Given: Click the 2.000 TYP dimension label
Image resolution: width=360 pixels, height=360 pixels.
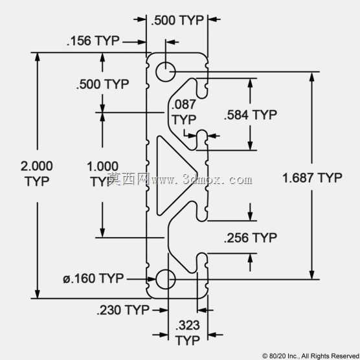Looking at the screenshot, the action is (x=37, y=174).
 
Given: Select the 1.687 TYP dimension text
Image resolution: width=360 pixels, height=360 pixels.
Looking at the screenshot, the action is (x=312, y=177).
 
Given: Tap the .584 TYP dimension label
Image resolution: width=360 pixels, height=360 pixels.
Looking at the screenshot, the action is (x=251, y=115).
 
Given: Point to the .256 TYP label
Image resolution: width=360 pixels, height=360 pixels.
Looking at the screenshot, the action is (x=251, y=238).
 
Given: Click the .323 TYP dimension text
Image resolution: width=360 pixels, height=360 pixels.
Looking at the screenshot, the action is (x=188, y=333).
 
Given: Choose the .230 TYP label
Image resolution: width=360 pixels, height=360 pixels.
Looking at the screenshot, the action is (x=123, y=310).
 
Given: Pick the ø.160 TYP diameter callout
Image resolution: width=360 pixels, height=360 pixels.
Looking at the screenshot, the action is (x=93, y=278).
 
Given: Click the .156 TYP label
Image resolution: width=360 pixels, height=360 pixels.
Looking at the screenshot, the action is (x=93, y=41).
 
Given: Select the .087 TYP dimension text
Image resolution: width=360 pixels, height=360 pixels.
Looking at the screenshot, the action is (x=184, y=112).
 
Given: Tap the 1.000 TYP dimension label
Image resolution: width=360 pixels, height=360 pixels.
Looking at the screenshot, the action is (x=103, y=174).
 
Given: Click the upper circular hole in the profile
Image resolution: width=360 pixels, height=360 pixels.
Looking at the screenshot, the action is (x=166, y=72).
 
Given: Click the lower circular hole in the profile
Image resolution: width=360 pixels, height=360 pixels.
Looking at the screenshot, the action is (x=166, y=279).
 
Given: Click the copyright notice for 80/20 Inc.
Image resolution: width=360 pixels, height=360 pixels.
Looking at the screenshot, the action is (x=311, y=356).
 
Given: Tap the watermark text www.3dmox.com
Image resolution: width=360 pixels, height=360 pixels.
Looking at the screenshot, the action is (x=201, y=179).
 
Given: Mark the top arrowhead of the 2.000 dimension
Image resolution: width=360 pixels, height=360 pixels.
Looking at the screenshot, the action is (x=37, y=57).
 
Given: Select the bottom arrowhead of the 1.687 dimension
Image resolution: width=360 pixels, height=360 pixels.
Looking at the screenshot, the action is (x=312, y=275).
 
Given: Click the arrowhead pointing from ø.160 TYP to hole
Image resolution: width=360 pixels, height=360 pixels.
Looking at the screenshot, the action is (x=152, y=279).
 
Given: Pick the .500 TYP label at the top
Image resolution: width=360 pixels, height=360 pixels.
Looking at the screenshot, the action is (x=177, y=20).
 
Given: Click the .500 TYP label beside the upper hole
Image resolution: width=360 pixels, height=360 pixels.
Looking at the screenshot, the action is (x=102, y=84).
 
